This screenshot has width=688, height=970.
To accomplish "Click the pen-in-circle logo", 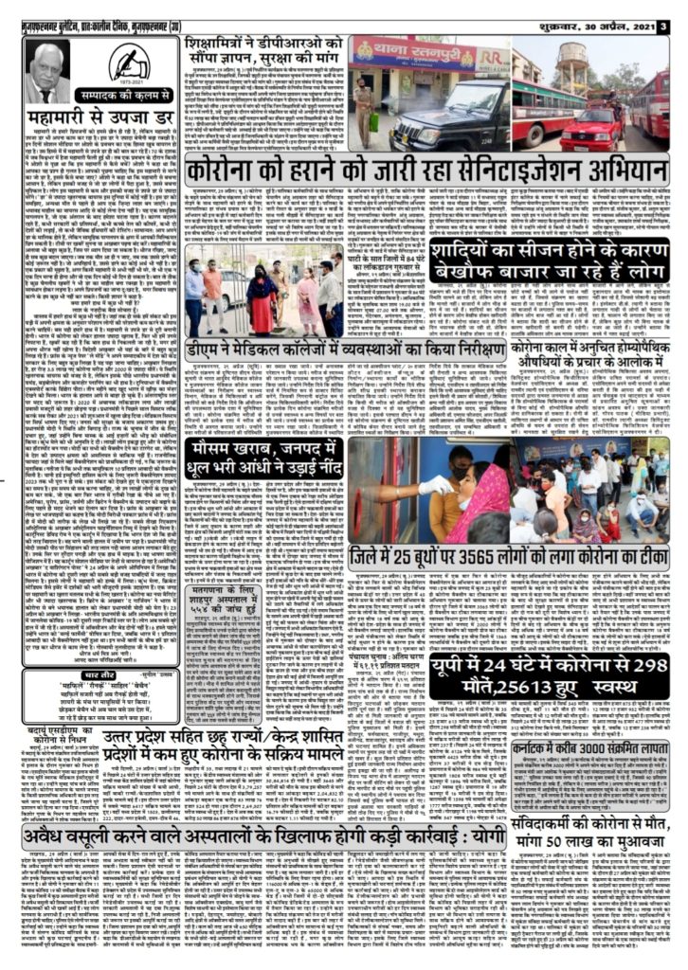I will click(x=129, y=64).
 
